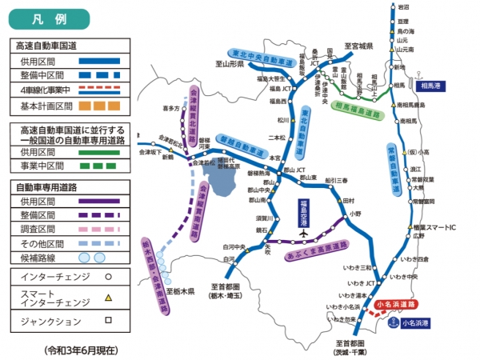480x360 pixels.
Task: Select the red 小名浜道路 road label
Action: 395,305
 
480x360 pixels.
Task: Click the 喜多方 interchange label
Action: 170,106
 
